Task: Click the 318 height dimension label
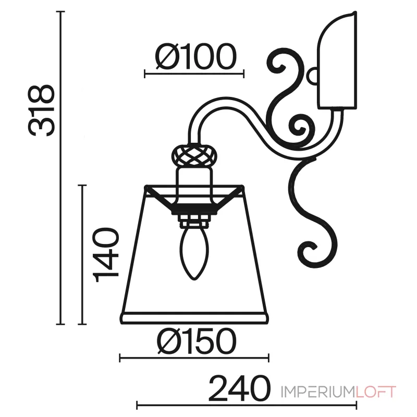[41, 111]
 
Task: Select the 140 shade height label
[105, 254]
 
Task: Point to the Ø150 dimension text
[197, 341]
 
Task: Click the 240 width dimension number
[239, 388]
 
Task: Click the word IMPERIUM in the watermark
[318, 392]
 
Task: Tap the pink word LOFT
[376, 392]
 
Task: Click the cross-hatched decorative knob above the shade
[194, 155]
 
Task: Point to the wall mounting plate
[337, 60]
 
